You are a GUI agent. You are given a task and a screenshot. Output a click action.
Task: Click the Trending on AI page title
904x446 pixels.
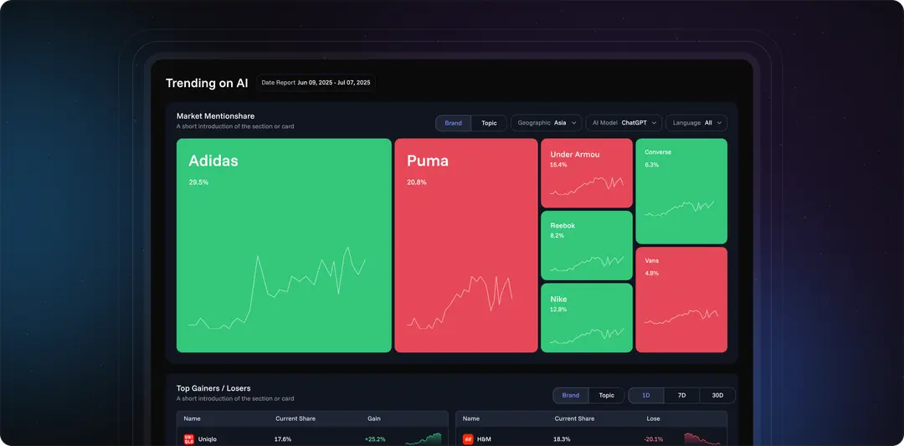[207, 83]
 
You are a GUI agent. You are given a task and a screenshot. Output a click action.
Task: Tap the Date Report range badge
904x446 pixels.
[316, 83]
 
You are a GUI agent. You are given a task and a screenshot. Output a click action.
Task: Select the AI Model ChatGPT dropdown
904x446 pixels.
[624, 123]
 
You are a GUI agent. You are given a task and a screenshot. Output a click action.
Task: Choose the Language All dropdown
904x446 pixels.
[696, 123]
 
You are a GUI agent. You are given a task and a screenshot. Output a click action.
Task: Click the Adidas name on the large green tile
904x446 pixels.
[213, 161]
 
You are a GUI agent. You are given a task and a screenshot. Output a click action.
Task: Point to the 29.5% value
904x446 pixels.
[198, 182]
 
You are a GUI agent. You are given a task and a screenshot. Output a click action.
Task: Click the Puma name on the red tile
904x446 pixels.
[428, 161]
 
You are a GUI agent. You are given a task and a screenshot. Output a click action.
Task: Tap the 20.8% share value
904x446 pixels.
[416, 182]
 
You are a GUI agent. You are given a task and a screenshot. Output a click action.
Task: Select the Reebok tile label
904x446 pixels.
[562, 226]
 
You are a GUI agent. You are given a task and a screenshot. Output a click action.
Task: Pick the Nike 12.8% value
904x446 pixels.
[558, 310]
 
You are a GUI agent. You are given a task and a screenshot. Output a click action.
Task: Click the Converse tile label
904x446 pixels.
[658, 152]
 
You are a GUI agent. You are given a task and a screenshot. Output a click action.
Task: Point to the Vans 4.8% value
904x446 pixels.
[652, 274]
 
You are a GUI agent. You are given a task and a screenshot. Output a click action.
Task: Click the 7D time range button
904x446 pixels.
[681, 396]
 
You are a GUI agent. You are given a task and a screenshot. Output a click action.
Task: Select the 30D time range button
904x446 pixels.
[717, 396]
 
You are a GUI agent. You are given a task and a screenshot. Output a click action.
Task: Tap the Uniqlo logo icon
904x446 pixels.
[189, 439]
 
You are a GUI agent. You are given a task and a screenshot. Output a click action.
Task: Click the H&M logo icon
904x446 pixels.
[468, 439]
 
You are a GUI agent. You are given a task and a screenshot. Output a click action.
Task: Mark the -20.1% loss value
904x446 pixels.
[654, 439]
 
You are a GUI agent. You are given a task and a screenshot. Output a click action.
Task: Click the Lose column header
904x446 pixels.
[654, 418]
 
